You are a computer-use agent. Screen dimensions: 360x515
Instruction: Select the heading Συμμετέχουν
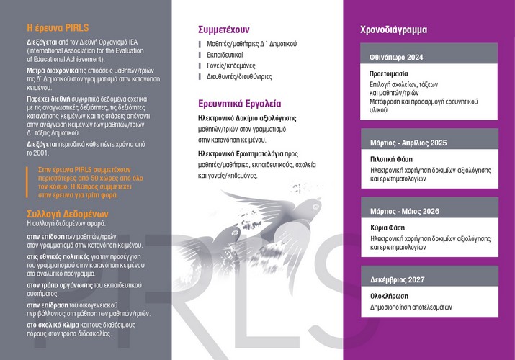(223, 30)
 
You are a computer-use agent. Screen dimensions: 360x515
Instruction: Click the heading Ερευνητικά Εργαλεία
(240, 103)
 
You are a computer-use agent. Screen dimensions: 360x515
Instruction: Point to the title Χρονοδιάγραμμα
(393, 30)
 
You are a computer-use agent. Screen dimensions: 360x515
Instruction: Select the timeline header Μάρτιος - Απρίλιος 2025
(408, 143)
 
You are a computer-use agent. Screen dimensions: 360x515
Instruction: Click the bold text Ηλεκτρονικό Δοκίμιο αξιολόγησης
(247, 117)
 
